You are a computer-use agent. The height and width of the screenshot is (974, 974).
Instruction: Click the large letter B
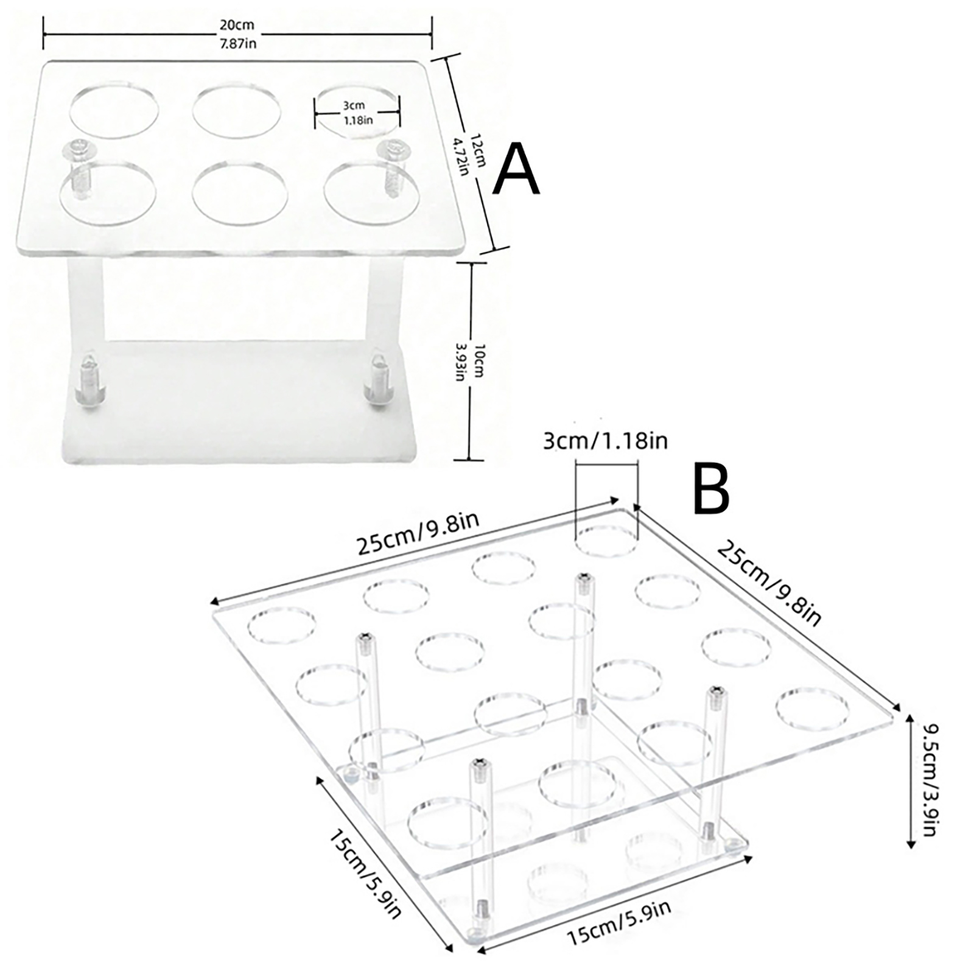711,490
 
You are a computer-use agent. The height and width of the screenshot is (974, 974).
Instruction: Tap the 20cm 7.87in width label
237,34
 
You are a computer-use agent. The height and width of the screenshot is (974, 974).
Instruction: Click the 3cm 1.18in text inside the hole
358,113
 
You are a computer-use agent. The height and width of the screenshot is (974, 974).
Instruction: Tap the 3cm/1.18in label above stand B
605,440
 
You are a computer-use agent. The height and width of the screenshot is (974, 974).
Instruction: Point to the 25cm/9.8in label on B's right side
769,582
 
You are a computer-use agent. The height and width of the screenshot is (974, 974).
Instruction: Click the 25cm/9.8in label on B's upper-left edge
418,533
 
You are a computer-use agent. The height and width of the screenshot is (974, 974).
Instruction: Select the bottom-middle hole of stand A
239,189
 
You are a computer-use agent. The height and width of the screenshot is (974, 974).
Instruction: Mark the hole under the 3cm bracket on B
608,542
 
